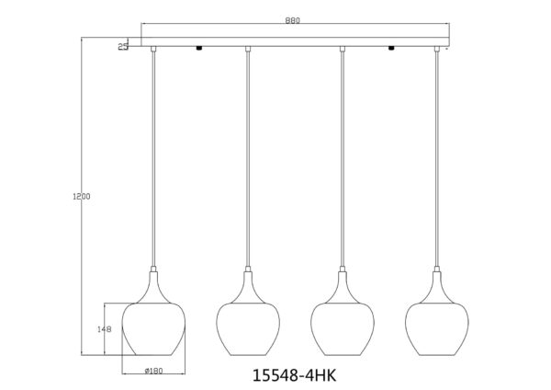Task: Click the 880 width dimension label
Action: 292,20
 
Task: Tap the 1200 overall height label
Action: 82,197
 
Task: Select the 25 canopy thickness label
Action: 123,47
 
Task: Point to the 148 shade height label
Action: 105,329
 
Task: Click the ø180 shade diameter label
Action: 153,371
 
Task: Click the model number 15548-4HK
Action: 295,375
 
